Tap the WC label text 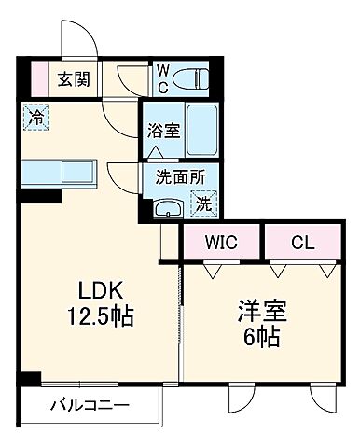point(161,77)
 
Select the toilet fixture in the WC point(192,77)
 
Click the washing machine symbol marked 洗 point(201,199)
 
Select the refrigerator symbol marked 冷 point(35,119)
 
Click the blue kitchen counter point(59,172)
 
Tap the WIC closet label point(222,245)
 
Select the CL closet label point(300,245)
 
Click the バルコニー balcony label point(90,407)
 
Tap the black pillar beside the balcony point(31,379)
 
